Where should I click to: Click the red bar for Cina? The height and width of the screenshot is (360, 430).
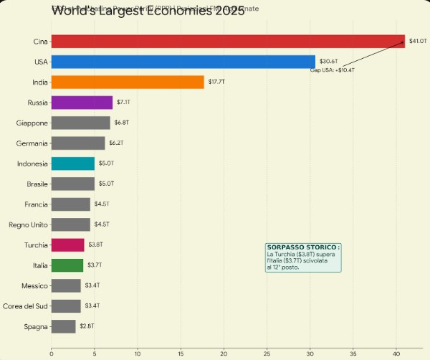pyautogui.click(x=228, y=42)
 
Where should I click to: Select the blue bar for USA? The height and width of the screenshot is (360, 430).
pyautogui.click(x=183, y=62)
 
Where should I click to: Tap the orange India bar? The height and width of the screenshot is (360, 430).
pyautogui.click(x=128, y=82)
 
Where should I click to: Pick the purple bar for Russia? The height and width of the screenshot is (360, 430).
pyautogui.click(x=82, y=103)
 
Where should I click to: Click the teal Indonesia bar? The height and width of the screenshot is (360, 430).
pyautogui.click(x=73, y=164)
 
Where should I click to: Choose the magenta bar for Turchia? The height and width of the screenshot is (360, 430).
pyautogui.click(x=68, y=245)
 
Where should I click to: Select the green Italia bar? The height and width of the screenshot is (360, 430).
pyautogui.click(x=67, y=265)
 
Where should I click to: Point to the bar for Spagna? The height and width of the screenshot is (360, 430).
pyautogui.click(x=64, y=326)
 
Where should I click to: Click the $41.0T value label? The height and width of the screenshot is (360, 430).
pyautogui.click(x=417, y=42)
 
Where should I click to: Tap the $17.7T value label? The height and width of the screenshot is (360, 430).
pyautogui.click(x=216, y=82)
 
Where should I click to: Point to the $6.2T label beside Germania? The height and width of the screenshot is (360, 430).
pyautogui.click(x=116, y=143)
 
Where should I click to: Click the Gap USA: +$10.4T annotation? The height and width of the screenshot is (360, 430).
pyautogui.click(x=332, y=70)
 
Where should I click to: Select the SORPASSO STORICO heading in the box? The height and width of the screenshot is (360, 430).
pyautogui.click(x=303, y=247)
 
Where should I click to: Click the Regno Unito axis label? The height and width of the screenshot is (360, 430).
pyautogui.click(x=29, y=224)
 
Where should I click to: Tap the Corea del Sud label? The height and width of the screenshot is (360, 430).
pyautogui.click(x=25, y=306)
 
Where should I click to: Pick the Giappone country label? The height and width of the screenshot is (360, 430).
pyautogui.click(x=32, y=123)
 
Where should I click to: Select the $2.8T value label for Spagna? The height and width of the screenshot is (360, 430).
pyautogui.click(x=87, y=326)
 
